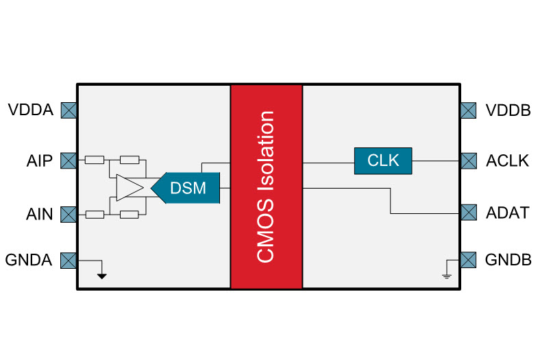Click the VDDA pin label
[30, 110]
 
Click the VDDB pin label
[508, 110]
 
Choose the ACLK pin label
[507, 160]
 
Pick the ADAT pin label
[507, 213]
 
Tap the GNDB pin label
[508, 261]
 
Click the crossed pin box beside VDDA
[69, 110]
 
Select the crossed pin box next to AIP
[69, 160]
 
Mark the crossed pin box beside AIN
[69, 215]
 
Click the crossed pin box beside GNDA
[69, 261]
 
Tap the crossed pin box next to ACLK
[468, 160]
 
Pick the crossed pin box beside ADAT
[468, 213]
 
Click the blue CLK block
[383, 160]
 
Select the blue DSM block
[187, 188]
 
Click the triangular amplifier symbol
[127, 188]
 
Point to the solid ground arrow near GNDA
[102, 276]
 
